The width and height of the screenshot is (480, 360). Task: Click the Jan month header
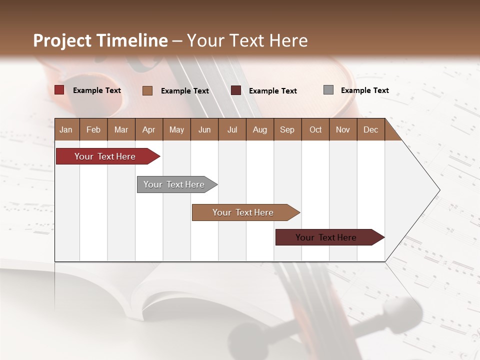(66, 129)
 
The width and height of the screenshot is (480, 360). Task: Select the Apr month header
(148, 129)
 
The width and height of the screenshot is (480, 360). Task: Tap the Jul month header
(232, 129)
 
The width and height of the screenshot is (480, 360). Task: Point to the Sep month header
(287, 129)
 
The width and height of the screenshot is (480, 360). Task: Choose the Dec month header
(370, 129)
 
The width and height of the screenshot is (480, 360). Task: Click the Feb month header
(93, 129)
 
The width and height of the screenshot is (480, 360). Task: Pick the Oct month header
(315, 129)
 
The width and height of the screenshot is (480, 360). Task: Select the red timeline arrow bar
(105, 156)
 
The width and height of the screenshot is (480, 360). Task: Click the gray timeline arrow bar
(174, 184)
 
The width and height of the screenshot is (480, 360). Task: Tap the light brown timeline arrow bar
(243, 212)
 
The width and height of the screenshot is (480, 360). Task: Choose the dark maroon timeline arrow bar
(326, 237)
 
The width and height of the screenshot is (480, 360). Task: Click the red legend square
(59, 90)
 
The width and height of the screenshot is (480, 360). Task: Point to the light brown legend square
(147, 90)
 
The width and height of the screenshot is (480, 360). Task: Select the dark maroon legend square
(236, 90)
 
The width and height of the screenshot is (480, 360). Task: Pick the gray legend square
(328, 90)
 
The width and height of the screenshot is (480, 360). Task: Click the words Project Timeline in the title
(100, 40)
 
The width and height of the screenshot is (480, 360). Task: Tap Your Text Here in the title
(247, 40)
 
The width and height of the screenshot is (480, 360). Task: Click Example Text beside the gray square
(364, 90)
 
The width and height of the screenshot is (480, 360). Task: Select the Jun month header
(204, 129)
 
